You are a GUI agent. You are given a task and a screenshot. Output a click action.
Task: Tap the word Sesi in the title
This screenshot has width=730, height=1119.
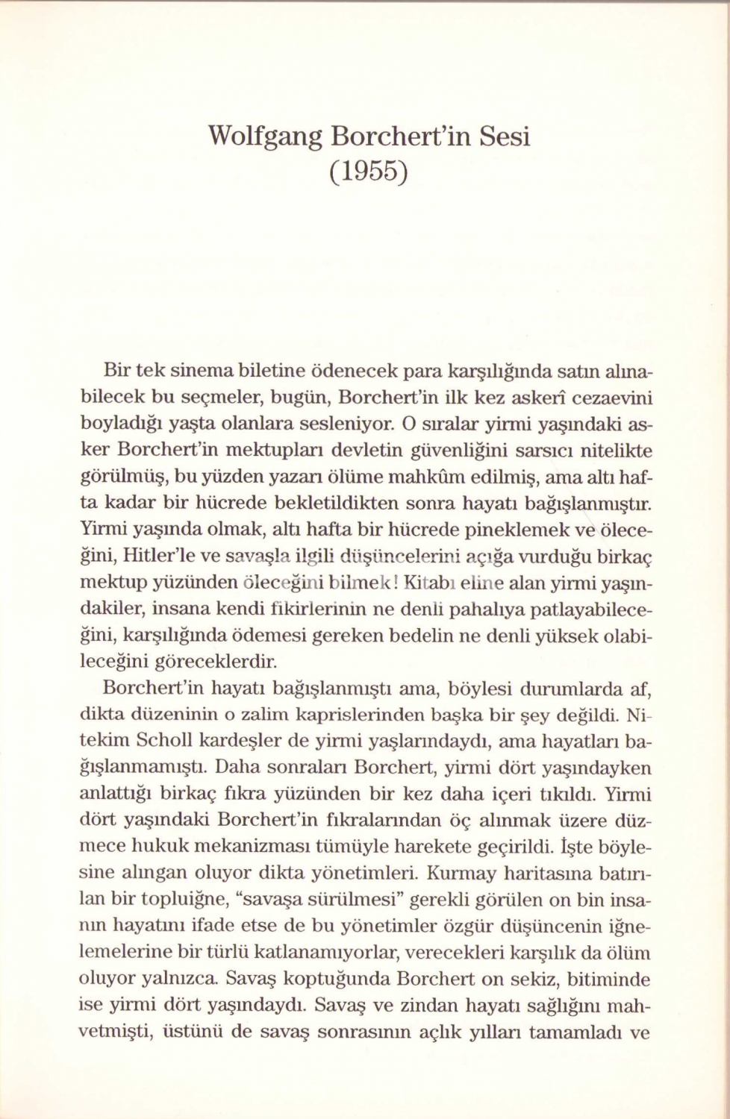(504, 138)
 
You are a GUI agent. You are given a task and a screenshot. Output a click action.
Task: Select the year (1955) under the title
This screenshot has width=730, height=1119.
(369, 173)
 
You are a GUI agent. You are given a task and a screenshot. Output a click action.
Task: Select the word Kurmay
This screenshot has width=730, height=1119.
(460, 872)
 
